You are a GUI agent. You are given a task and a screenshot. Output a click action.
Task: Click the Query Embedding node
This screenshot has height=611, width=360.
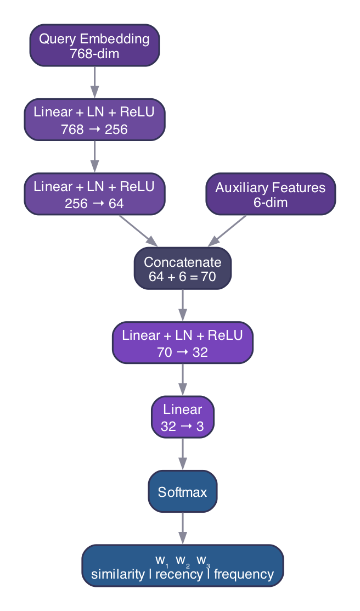click(94, 46)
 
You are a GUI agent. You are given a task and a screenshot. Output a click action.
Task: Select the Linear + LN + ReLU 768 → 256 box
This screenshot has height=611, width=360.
click(94, 120)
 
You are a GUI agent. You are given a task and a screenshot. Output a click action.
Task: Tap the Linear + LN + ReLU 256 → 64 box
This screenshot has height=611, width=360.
click(94, 195)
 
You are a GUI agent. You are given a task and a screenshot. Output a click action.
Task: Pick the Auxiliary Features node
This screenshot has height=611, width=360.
click(270, 195)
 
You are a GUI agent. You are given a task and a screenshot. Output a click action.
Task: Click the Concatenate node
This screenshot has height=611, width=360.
click(182, 270)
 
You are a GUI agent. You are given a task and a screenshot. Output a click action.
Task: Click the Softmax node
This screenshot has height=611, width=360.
click(182, 492)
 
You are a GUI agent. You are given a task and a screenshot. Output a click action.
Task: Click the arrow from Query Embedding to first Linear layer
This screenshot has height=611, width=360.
click(94, 83)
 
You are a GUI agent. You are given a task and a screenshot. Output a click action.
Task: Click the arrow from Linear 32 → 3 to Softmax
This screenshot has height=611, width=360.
click(182, 455)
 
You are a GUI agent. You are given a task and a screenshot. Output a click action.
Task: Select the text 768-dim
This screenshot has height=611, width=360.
click(94, 53)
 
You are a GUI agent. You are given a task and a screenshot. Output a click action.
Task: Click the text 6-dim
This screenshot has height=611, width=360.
click(270, 203)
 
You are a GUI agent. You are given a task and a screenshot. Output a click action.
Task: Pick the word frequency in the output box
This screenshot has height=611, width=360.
click(244, 574)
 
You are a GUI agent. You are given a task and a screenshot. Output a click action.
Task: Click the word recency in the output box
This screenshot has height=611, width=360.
click(179, 574)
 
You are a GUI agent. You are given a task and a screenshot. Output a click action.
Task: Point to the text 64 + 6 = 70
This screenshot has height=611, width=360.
click(182, 277)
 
